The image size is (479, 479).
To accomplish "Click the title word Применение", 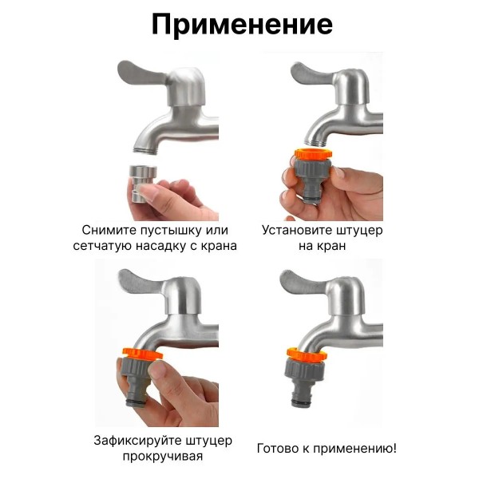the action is pos(242,25).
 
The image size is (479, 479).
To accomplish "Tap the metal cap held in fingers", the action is pos(142,184).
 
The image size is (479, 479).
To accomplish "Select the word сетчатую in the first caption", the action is pos(102,246).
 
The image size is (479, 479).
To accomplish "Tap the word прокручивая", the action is pos(163,457).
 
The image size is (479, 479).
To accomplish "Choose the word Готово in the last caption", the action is pos(277,449).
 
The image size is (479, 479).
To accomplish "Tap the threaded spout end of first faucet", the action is pos(145,148).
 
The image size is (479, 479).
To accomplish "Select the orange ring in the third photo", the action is pos(143,354).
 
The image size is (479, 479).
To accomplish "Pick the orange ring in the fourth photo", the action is pos(307,354).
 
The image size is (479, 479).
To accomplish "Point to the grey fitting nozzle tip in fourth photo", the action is pos(302,401).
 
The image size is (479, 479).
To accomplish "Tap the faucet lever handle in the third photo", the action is pos(141,280).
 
